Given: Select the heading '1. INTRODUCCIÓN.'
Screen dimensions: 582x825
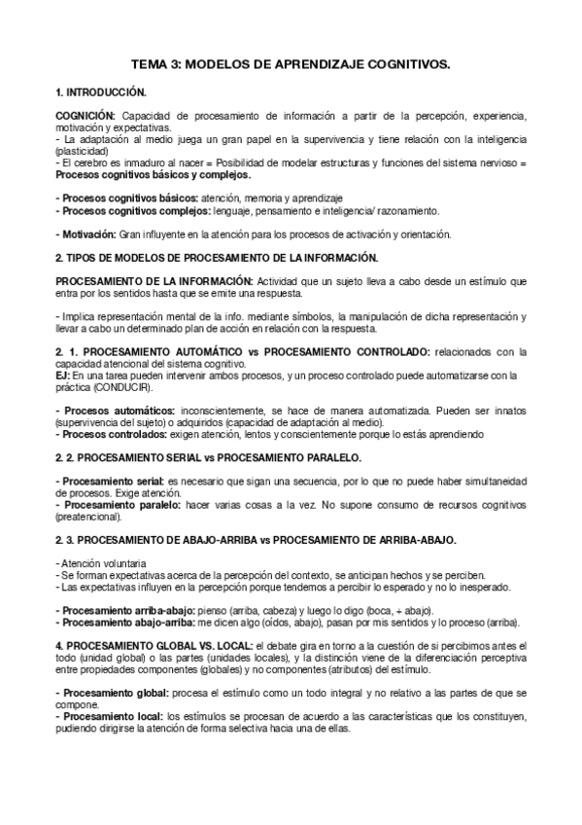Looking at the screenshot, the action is (101, 92).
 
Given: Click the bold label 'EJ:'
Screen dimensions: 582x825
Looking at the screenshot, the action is (63, 373).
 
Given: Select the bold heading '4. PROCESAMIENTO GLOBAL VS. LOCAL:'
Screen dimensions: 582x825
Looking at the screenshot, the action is (153, 645).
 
